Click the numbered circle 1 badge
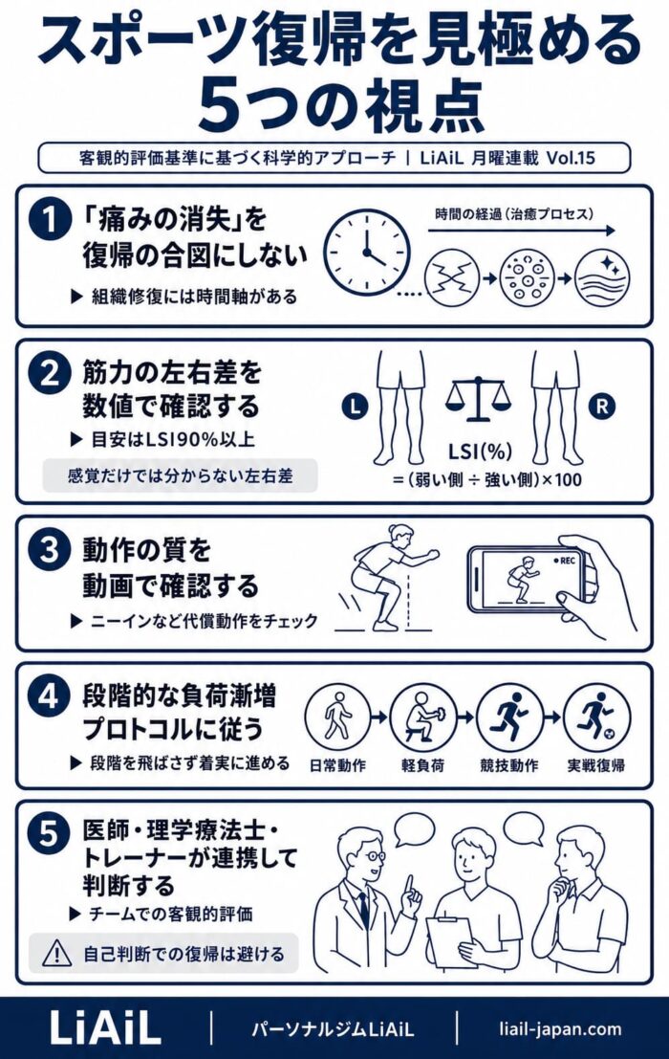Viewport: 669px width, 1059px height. (51, 219)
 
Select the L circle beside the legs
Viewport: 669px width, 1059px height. (356, 406)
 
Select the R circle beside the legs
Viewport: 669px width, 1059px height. (602, 407)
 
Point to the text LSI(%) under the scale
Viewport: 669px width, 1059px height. (480, 452)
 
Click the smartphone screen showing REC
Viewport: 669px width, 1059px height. (527, 578)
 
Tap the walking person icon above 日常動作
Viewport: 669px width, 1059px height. (337, 717)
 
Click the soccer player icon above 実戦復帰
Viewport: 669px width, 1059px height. (596, 717)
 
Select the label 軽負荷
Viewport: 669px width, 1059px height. (422, 765)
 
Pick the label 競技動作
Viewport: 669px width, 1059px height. (509, 765)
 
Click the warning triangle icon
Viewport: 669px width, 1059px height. (56, 953)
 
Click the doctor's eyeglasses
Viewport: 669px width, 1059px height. (373, 856)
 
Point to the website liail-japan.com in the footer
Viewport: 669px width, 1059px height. (560, 1028)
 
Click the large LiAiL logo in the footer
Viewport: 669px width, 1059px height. (105, 1028)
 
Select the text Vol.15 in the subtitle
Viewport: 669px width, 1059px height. (571, 158)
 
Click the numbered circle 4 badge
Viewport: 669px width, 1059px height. (50, 695)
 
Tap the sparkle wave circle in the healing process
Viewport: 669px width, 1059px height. (602, 277)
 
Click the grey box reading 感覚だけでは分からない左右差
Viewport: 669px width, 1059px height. (180, 475)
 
